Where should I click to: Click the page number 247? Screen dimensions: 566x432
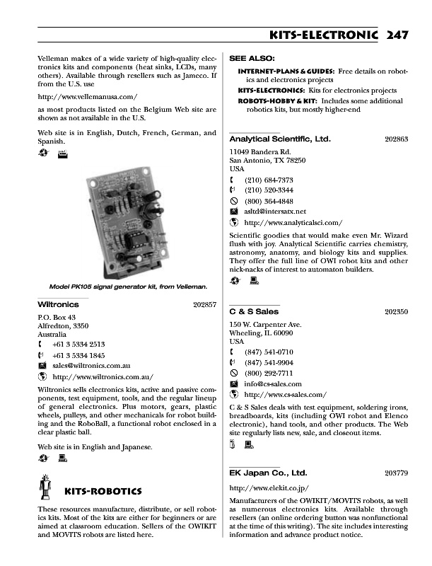pos(397,36)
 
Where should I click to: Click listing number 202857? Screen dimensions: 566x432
pos(204,304)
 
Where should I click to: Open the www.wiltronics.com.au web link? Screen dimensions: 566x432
pos(103,377)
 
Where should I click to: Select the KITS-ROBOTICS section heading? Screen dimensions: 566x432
pos(103,491)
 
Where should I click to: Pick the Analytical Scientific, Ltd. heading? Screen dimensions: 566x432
pos(280,139)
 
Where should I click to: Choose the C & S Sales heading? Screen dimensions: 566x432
pos(255,311)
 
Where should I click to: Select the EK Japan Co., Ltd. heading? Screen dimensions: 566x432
pos(269,472)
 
